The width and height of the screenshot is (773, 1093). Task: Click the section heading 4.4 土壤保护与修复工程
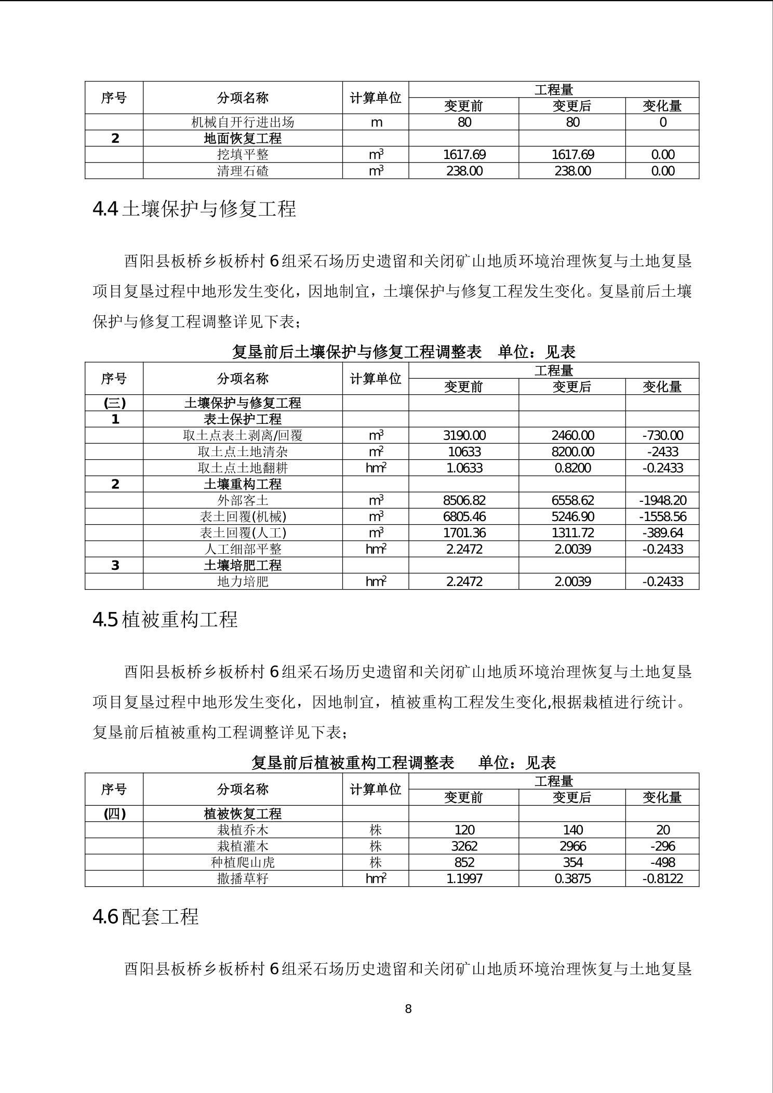194,209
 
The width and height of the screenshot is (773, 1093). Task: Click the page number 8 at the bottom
408,1009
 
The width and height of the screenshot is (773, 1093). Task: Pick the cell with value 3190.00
464,435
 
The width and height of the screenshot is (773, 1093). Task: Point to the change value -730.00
662,435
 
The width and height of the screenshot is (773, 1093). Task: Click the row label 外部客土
243,500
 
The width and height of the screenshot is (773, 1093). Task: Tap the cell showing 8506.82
464,500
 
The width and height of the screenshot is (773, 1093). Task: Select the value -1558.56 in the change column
662,516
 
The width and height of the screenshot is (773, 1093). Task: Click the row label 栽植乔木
243,830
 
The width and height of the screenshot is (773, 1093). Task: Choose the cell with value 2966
572,846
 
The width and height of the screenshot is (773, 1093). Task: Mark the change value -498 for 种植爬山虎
662,862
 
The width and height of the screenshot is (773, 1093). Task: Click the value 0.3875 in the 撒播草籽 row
572,878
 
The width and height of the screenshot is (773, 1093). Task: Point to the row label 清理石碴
243,171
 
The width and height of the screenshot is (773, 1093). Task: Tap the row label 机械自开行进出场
243,122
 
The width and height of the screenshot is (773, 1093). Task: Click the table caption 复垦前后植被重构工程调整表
353,762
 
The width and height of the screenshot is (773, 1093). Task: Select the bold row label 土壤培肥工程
243,565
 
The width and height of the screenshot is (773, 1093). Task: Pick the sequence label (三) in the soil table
114,403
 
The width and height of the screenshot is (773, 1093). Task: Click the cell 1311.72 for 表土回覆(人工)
572,532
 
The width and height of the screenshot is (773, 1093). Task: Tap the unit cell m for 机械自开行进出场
376,122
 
